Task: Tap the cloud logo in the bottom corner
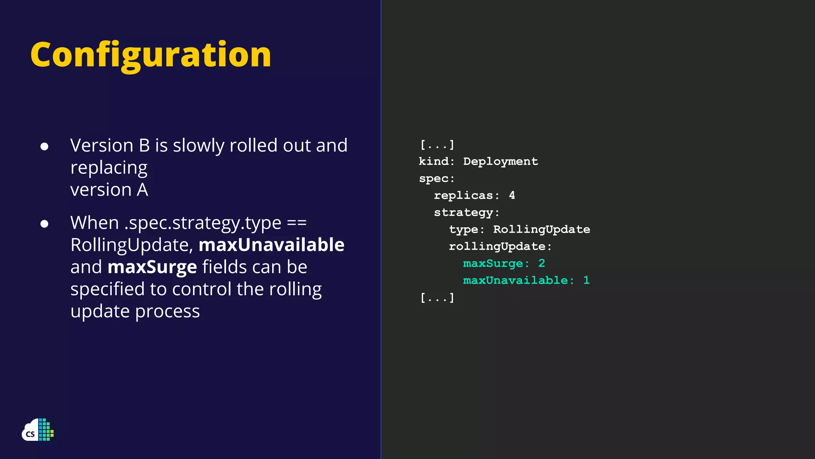click(37, 430)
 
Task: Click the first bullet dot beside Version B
click(44, 147)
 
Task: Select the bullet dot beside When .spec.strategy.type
click(44, 224)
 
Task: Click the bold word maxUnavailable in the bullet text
click(271, 245)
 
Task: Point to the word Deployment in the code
click(500, 161)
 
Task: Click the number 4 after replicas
click(512, 195)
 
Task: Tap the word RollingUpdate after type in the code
click(541, 229)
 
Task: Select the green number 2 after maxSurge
click(542, 263)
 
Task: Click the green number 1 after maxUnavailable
click(586, 280)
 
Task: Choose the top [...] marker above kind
click(437, 145)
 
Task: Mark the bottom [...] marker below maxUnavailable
click(437, 298)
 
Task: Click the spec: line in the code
click(437, 178)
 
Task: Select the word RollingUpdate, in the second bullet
click(132, 245)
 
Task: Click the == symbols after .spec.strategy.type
click(296, 223)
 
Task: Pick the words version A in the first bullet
click(109, 190)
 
